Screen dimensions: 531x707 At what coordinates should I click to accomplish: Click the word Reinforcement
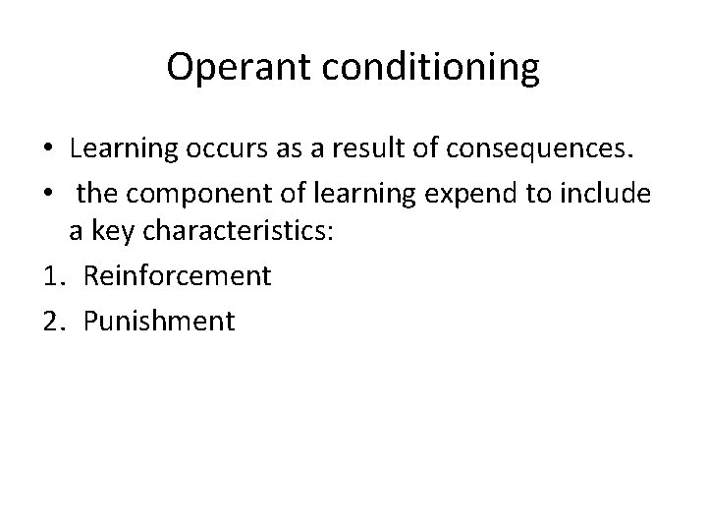click(x=177, y=276)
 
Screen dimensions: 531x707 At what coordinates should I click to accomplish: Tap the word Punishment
click(x=159, y=320)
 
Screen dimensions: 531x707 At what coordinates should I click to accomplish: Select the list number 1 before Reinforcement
click(x=56, y=276)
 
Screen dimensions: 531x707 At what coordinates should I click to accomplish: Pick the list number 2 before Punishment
click(x=56, y=320)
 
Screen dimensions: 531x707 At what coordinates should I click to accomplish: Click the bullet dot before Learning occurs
click(x=48, y=150)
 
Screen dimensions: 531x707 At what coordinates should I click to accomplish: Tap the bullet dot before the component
click(x=48, y=193)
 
